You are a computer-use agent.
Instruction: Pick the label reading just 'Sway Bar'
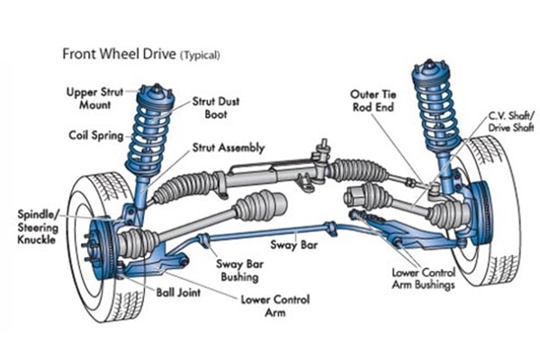(292, 243)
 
